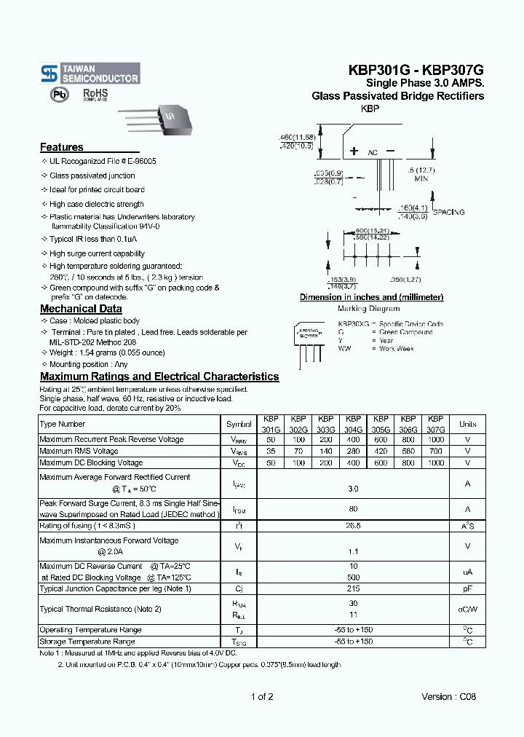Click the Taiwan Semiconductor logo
(90, 73)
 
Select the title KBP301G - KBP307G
(416, 71)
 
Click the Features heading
(62, 147)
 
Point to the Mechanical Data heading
(81, 309)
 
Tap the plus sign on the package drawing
(354, 151)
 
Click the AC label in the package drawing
(372, 153)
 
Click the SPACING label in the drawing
(449, 212)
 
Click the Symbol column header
(239, 424)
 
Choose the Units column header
(467, 424)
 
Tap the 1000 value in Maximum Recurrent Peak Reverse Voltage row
(435, 439)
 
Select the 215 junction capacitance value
(353, 588)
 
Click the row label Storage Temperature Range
(87, 642)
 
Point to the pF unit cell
(467, 588)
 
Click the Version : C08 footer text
(449, 697)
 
